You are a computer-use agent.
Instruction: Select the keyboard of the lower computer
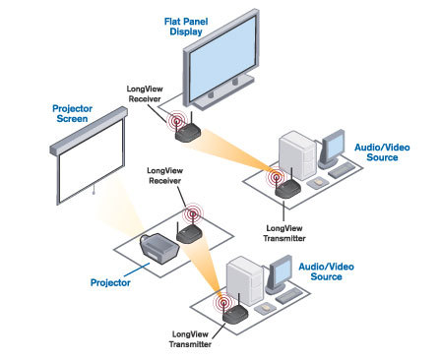[x=288, y=296]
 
